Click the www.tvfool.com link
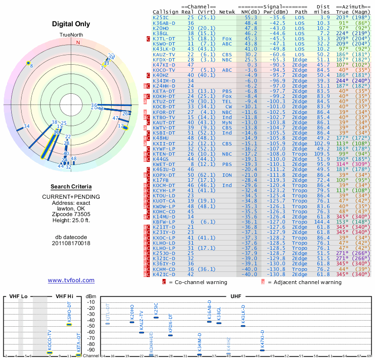pos(71,280)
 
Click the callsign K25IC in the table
pos(161,17)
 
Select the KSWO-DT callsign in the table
pos(164,44)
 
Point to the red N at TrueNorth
pos(78,42)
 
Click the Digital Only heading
pos(71,24)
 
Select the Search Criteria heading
pos(71,187)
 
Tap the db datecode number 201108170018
pos(71,243)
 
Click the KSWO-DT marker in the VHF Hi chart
pos(69,324)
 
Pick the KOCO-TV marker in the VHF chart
pos(50,352)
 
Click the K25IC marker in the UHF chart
pos(156,317)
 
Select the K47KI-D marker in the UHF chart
pos(262,350)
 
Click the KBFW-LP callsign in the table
pos(164,222)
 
